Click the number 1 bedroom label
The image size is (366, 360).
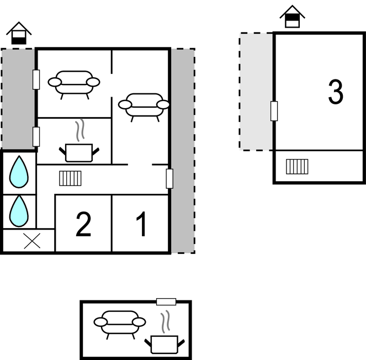click(x=142, y=224)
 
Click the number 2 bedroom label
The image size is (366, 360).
click(x=83, y=224)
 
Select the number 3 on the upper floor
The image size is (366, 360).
click(x=336, y=92)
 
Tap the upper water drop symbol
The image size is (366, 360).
click(x=19, y=172)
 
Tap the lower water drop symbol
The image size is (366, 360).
click(x=19, y=211)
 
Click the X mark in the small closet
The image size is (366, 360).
click(x=32, y=241)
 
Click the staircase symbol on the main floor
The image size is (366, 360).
click(x=70, y=178)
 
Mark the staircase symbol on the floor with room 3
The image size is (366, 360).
click(x=297, y=167)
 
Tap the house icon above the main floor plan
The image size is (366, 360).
click(x=19, y=33)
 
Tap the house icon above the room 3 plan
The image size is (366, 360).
click(x=292, y=17)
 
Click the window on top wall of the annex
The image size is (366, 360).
click(x=166, y=301)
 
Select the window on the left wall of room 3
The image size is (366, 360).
click(x=274, y=111)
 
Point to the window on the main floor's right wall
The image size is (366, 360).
click(x=169, y=179)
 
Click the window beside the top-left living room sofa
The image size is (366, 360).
click(x=36, y=80)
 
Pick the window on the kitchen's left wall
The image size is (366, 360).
click(x=36, y=137)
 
